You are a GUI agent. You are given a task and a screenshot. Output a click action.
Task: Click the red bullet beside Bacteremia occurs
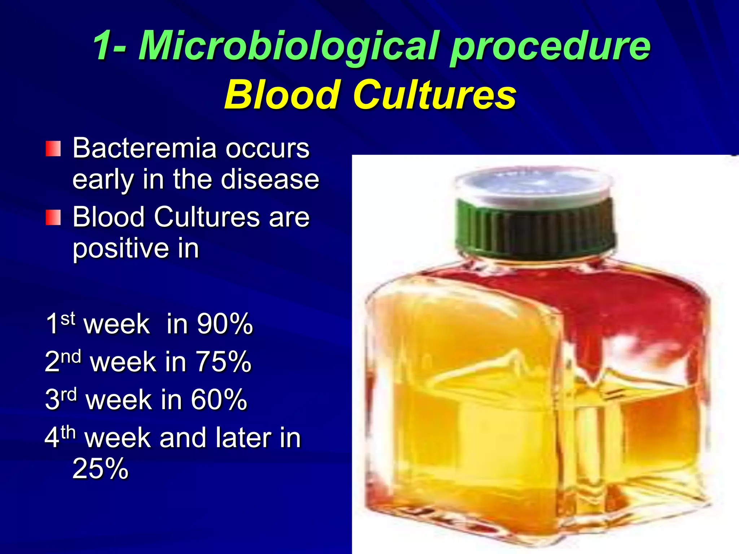(x=53, y=149)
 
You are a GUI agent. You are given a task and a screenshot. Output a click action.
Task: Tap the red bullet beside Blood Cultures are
(x=53, y=217)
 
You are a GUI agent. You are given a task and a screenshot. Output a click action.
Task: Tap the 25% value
(x=100, y=468)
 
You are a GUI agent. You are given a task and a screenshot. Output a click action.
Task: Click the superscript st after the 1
(x=67, y=318)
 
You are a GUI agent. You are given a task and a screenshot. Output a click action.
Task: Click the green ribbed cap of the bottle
(x=534, y=227)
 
